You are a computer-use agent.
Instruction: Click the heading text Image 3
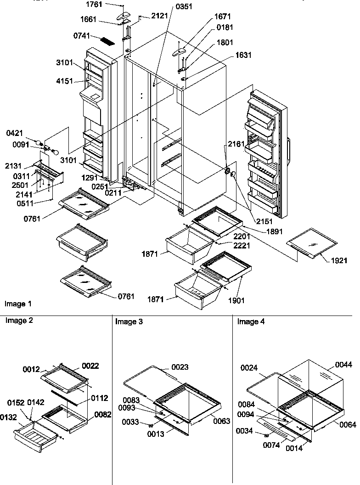129,322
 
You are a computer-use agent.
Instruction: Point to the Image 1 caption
18,304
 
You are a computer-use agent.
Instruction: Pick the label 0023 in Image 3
180,367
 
